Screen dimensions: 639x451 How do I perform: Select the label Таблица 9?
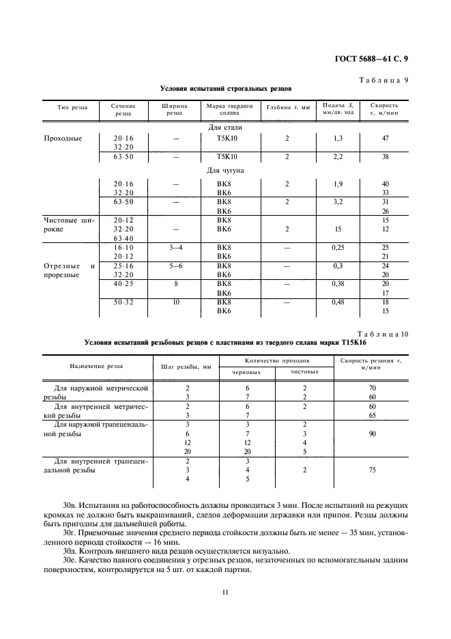pyautogui.click(x=383, y=80)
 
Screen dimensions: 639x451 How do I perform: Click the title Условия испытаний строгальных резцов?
pyautogui.click(x=225, y=89)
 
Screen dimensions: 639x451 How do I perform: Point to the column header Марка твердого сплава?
pyautogui.click(x=230, y=110)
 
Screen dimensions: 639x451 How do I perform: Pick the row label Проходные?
pyautogui.click(x=62, y=138)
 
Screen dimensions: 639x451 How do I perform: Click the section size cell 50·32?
pyautogui.click(x=123, y=302)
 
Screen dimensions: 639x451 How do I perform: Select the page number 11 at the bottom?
pyautogui.click(x=224, y=592)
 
